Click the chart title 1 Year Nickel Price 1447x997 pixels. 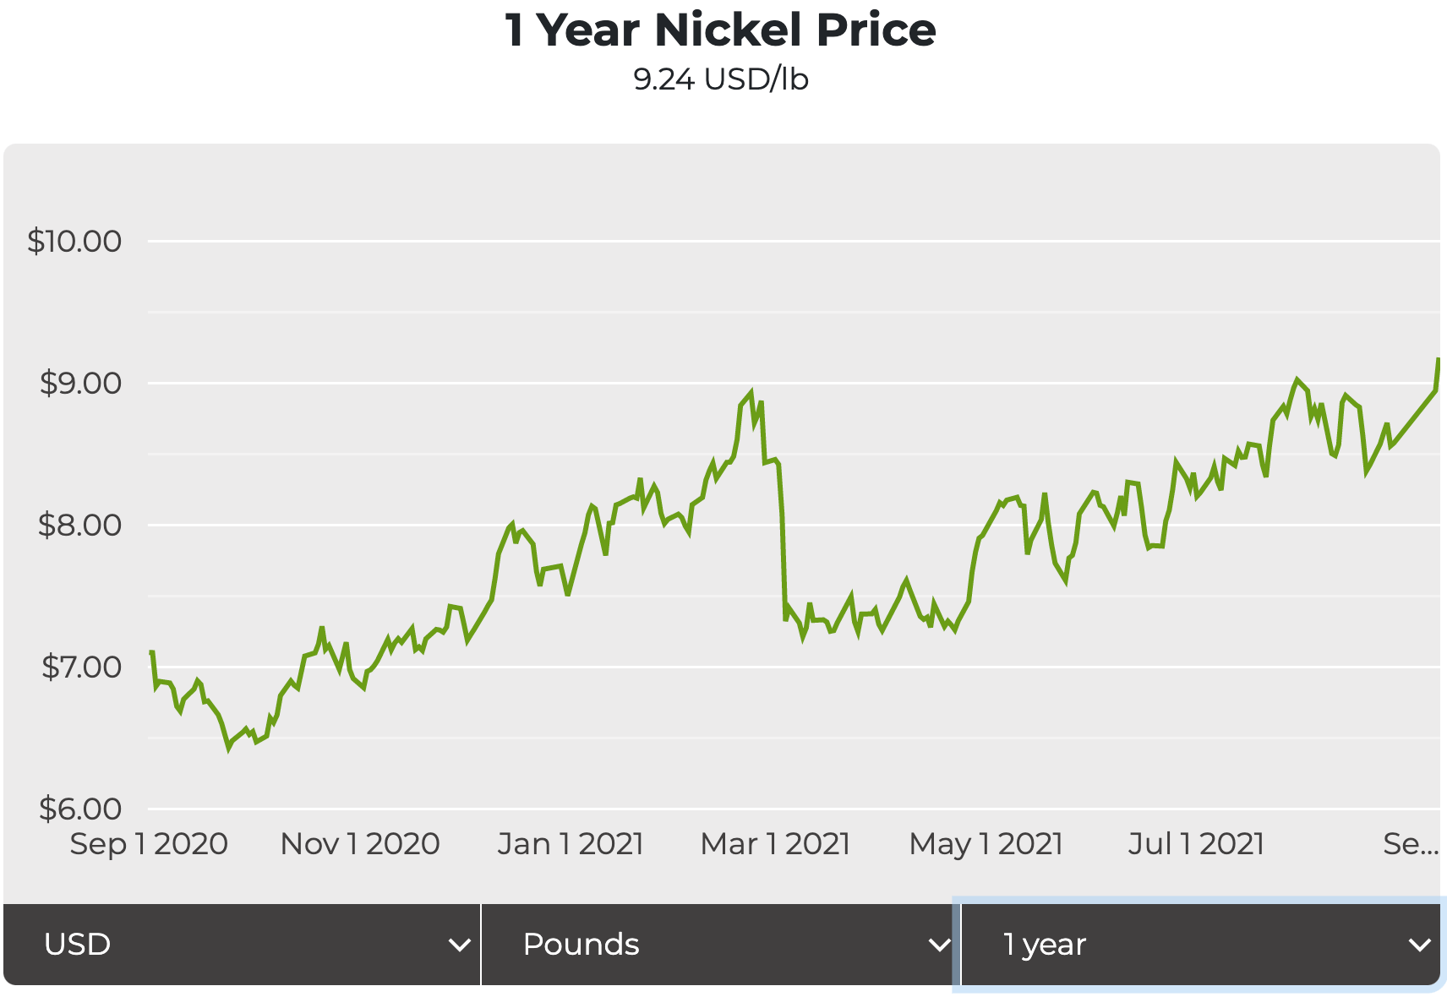tap(720, 30)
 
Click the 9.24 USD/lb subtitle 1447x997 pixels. tap(720, 79)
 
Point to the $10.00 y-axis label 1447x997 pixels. tap(74, 242)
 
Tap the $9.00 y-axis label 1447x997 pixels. tap(80, 384)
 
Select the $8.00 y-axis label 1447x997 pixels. tap(80, 526)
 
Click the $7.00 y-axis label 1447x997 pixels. tap(81, 667)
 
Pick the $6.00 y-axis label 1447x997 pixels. tap(80, 809)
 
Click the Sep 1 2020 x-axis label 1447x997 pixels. tap(149, 844)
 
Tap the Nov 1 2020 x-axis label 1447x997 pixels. tap(360, 844)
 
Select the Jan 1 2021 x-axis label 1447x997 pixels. tap(571, 844)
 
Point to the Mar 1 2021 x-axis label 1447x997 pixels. tap(775, 844)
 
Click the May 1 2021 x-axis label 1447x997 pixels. tap(986, 844)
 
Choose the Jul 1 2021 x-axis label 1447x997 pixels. tap(1196, 844)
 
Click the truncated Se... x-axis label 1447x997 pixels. tap(1410, 844)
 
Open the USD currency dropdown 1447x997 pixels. tap(242, 945)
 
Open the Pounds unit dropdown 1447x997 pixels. tap(720, 945)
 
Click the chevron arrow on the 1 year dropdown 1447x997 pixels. tap(1420, 945)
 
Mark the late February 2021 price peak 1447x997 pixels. tap(751, 393)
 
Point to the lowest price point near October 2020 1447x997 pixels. tap(228, 748)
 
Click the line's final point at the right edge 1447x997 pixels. tap(1438, 360)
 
